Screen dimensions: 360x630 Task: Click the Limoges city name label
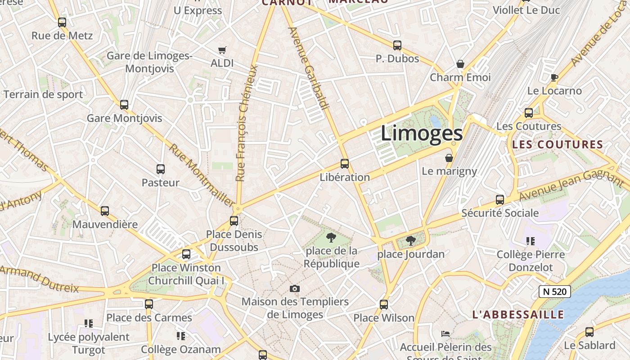tap(422, 133)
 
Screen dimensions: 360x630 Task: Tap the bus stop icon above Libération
tap(345, 164)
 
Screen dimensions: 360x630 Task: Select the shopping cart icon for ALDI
tap(222, 50)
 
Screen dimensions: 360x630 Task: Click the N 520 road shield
tap(555, 292)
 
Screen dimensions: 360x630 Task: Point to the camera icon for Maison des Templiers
tap(295, 288)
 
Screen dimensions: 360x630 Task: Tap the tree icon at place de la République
tap(331, 237)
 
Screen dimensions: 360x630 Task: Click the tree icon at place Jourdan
tap(410, 241)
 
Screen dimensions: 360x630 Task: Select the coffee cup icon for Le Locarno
tap(554, 77)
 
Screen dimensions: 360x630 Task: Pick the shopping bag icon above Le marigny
tap(449, 158)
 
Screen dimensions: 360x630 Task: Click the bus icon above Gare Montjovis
tap(124, 105)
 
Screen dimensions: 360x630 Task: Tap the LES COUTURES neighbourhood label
tap(558, 145)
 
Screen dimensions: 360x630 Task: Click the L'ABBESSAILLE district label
tap(518, 315)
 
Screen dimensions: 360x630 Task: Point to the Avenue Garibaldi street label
tap(309, 67)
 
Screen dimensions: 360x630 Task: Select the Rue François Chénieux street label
tap(247, 124)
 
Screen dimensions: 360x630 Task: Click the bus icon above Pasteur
tap(161, 169)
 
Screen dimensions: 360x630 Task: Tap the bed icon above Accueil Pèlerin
tap(445, 334)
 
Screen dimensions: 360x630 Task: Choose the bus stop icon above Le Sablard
tap(589, 332)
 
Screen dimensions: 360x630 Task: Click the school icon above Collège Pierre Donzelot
tap(531, 241)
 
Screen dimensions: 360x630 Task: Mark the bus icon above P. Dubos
tap(397, 45)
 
